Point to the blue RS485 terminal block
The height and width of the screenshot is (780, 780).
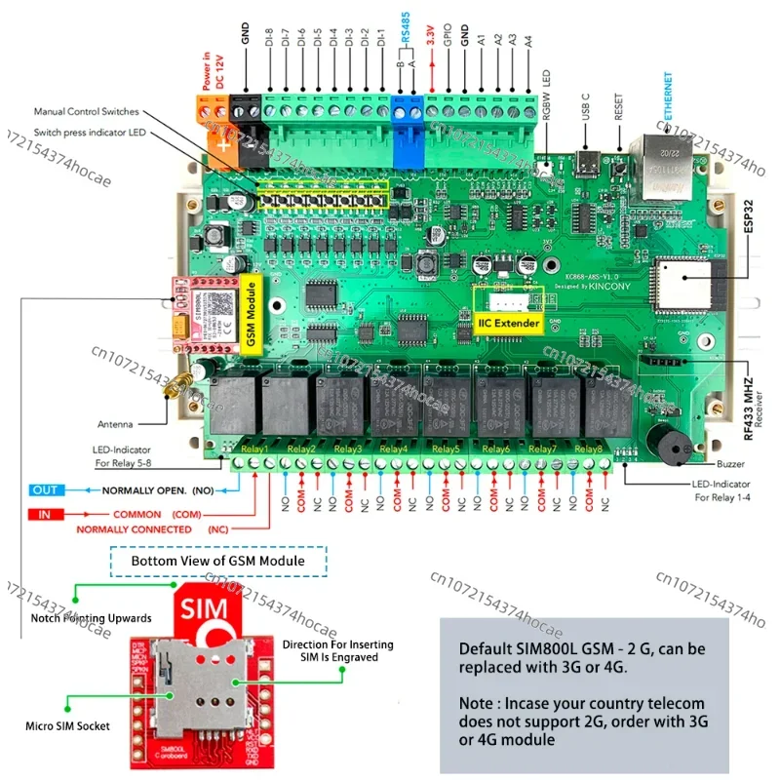click(408, 122)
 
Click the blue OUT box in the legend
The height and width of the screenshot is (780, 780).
click(44, 489)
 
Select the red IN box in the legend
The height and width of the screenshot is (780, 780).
click(44, 513)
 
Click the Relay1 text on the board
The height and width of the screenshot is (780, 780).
click(255, 448)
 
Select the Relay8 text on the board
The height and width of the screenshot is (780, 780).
click(589, 448)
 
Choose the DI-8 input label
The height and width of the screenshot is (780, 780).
click(270, 50)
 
